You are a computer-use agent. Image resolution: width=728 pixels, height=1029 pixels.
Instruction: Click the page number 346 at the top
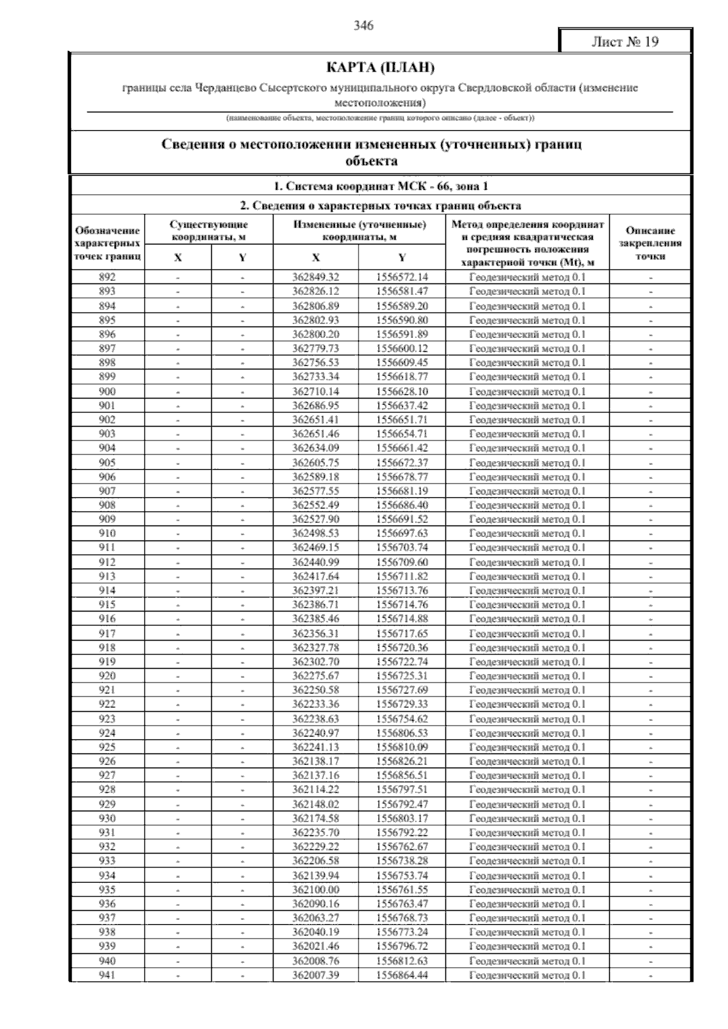coord(363,25)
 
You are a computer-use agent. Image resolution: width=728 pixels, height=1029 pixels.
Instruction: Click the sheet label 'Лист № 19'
coord(625,42)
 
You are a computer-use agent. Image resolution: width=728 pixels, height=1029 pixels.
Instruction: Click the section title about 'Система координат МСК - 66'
coord(380,186)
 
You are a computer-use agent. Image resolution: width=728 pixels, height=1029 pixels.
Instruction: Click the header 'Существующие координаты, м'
coord(209,231)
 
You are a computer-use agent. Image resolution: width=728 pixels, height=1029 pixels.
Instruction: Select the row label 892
coord(107,277)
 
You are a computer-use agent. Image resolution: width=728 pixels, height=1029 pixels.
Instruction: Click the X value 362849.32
coord(315,277)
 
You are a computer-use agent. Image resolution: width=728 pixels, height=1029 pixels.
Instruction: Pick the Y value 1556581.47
coord(402,291)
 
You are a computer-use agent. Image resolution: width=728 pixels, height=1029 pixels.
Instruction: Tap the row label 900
coord(107,391)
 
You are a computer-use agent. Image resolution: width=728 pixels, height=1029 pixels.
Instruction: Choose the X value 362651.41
coord(315,420)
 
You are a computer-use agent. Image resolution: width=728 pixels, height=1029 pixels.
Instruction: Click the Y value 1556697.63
coord(402,533)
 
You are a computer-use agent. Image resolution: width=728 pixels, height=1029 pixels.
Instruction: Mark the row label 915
coord(107,605)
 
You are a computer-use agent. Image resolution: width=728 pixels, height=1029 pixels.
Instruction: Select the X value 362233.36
coord(315,704)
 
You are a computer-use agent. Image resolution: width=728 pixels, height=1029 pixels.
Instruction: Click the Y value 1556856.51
coord(402,775)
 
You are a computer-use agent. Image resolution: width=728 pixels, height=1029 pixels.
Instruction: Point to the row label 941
coord(107,975)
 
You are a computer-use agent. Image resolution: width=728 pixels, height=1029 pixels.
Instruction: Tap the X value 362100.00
coord(315,889)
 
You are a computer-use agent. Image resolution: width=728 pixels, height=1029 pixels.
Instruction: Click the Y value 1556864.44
coord(402,975)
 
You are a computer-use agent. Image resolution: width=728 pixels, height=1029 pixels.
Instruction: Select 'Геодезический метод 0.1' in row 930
coord(527,818)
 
